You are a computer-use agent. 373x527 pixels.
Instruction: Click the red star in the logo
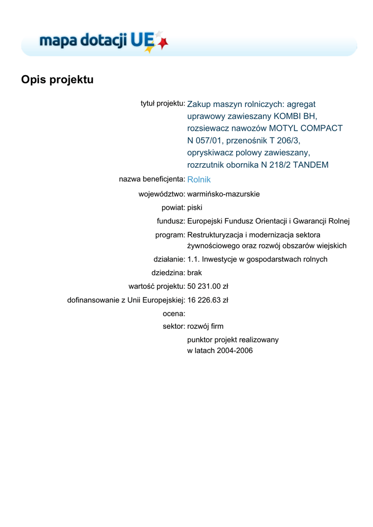click(163, 44)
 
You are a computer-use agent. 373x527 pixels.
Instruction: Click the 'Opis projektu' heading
click(57, 80)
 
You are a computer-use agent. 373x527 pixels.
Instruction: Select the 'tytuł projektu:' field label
click(163, 103)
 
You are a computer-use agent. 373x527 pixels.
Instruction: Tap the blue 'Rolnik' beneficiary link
click(199, 180)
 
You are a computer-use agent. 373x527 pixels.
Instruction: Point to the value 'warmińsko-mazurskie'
click(223, 194)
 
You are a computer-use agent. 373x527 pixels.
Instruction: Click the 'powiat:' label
click(173, 207)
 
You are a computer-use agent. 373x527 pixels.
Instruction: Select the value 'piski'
click(194, 207)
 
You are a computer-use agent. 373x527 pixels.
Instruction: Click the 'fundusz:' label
click(171, 221)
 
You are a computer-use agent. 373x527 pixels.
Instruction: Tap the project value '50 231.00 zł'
click(207, 286)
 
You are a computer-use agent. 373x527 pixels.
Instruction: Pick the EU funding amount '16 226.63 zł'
click(207, 300)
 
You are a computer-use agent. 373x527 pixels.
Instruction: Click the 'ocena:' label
click(173, 313)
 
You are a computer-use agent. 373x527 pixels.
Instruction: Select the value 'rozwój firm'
click(205, 326)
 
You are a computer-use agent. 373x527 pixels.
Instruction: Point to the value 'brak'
click(195, 273)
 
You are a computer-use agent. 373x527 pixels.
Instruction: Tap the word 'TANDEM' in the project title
click(310, 165)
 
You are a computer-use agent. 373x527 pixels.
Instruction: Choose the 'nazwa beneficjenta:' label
click(152, 179)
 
